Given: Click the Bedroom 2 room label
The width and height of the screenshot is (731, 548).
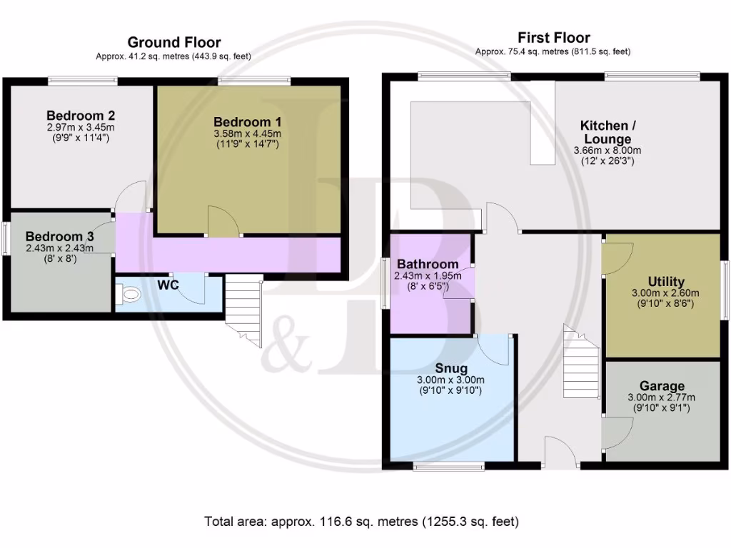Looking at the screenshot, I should tap(81, 116).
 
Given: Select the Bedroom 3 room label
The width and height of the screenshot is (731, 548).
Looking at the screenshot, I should tap(60, 236).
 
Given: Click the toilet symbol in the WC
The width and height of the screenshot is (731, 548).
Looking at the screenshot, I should tap(128, 293).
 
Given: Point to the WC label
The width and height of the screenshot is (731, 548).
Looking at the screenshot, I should tap(168, 284).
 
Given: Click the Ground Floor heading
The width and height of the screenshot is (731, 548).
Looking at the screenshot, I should tap(173, 43).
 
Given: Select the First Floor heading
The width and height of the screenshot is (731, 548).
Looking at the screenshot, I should tap(553, 38).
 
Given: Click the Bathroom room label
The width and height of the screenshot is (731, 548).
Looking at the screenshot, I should tap(428, 264).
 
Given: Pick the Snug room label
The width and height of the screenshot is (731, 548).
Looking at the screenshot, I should tap(450, 368).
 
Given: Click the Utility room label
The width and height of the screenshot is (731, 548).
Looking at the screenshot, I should tap(666, 282).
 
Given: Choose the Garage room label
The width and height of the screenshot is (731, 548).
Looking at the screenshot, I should tap(662, 386).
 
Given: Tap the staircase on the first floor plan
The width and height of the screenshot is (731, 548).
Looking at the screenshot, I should tap(578, 364).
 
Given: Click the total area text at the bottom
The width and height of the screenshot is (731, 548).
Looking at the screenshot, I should tap(361, 521).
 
